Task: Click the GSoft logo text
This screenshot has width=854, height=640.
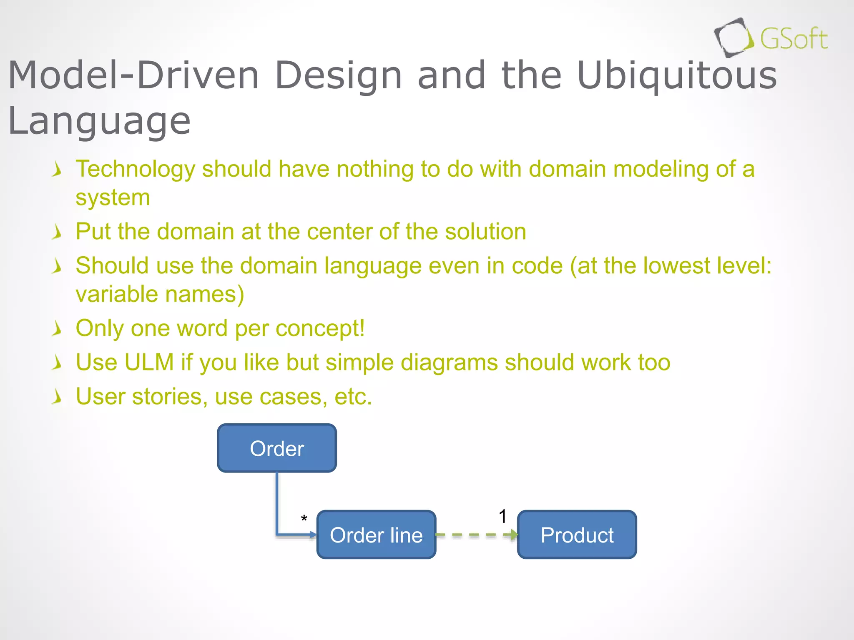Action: (794, 40)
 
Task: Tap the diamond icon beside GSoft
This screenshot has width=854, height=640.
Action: (733, 37)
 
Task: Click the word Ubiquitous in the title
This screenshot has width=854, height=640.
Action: (677, 75)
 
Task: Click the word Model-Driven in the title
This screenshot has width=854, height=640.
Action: (133, 75)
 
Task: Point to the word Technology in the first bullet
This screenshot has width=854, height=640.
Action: (136, 170)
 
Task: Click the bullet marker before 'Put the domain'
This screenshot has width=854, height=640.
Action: (57, 232)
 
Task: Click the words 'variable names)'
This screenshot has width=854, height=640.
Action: (160, 294)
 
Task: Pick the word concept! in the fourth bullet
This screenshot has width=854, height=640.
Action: (320, 328)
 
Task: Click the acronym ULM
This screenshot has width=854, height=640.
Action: (149, 362)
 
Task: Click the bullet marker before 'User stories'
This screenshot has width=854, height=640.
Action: (57, 397)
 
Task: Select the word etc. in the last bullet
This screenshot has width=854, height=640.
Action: (353, 397)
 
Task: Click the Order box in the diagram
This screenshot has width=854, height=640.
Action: (277, 448)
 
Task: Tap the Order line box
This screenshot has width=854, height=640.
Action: (376, 535)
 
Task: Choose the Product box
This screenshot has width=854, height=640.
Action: (577, 535)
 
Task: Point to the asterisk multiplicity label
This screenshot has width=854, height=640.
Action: (304, 519)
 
